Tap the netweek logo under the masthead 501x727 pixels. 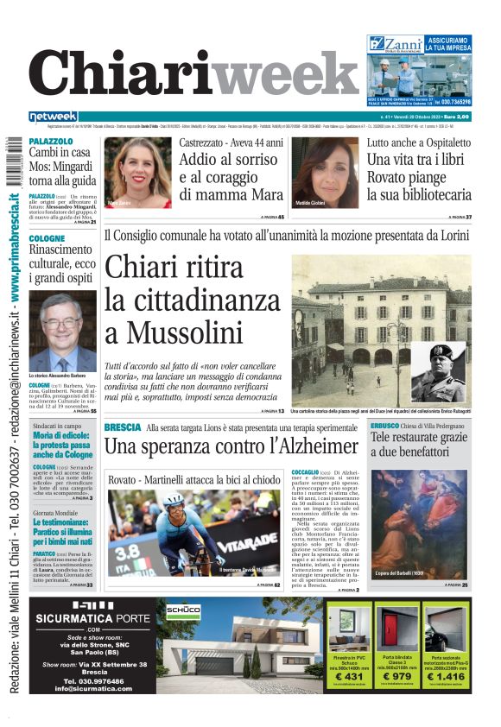point(53,117)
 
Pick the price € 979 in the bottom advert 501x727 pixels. point(403,676)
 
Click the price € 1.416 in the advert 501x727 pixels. point(449,676)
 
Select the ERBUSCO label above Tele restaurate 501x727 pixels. point(384,426)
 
